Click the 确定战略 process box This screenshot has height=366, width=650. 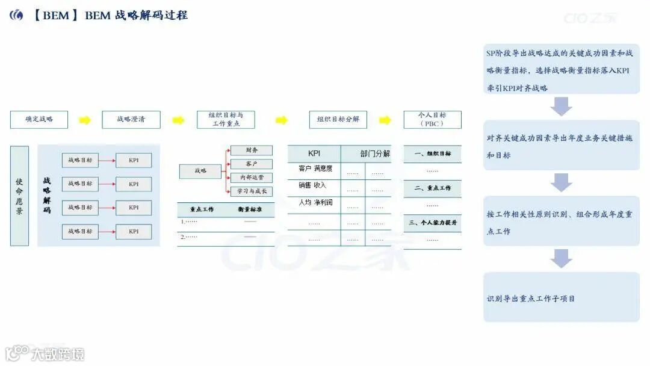pos(39,119)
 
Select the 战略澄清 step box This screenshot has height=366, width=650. pos(131,119)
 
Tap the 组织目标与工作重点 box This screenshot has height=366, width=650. pos(226,119)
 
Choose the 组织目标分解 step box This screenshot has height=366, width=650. pos(338,119)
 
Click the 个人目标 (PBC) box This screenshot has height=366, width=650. pos(432,119)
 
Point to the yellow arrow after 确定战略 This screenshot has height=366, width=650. pos(85,120)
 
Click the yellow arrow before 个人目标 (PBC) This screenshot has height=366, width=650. pos(385,120)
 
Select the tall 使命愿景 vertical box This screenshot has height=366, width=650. pos(19,196)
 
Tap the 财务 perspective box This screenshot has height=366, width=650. pos(252,150)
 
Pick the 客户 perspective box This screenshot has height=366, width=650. pos(252,164)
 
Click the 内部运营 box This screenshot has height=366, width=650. pos(252,178)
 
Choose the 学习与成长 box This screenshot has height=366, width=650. pos(252,191)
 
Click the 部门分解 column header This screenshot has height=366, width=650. pos(376,154)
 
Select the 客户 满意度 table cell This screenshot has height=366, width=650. pos(315,169)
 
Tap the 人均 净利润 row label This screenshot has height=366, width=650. pos(315,202)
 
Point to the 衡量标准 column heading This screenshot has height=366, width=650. pos(252,209)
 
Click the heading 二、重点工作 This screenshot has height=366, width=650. pos(432,188)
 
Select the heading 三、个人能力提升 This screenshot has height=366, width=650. pos(432,223)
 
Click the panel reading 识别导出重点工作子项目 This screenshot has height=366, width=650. pos(561,297)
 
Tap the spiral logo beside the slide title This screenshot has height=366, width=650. pos(16,16)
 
